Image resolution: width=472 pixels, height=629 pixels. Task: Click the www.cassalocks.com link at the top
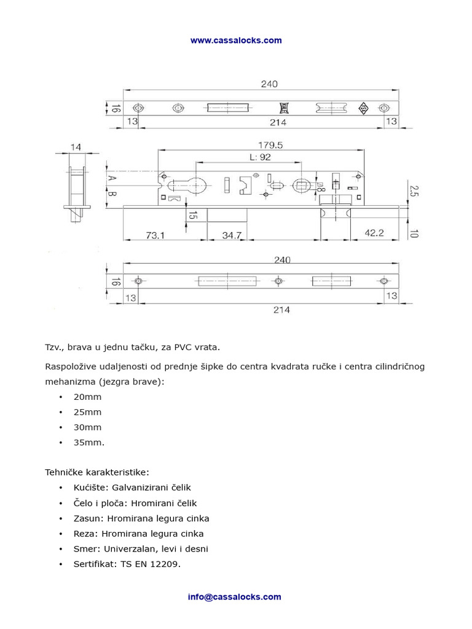(236, 41)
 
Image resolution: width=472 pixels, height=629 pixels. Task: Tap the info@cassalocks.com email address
(234, 596)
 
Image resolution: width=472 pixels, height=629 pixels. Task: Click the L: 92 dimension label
(260, 157)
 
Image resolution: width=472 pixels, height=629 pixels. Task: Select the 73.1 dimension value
(154, 235)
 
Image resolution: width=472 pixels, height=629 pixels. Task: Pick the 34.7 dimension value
(231, 235)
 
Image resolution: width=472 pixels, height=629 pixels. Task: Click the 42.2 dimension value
(374, 233)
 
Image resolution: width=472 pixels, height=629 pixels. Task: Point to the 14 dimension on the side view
(76, 147)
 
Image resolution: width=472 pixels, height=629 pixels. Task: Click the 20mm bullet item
(87, 397)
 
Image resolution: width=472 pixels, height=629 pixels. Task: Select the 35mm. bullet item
(89, 442)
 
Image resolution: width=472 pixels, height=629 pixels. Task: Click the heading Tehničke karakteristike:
(97, 472)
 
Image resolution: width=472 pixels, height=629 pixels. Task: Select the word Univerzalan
(125, 549)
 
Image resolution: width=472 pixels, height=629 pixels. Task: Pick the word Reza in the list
(85, 534)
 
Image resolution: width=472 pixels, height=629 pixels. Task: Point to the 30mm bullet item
(87, 428)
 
